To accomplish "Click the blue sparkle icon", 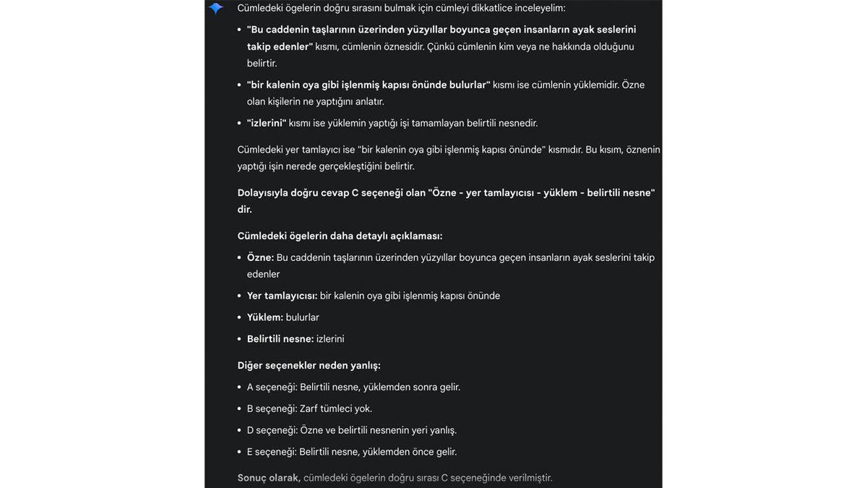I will tap(215, 9).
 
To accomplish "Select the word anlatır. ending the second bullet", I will tap(367, 101).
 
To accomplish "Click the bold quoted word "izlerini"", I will tap(267, 123).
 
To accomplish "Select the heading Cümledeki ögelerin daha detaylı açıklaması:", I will tap(340, 236).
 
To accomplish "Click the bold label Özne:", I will tap(260, 257).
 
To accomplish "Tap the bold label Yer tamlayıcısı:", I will tap(282, 296).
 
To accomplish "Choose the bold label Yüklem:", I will tap(265, 317).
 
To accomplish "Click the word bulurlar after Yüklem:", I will tap(303, 317).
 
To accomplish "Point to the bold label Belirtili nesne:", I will tap(280, 339).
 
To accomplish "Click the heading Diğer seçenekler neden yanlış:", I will tap(309, 365).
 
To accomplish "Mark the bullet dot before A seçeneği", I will tap(240, 388).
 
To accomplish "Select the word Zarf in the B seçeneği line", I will tap(311, 408).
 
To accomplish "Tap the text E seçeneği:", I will tap(272, 452).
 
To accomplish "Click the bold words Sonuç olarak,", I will tap(269, 478).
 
